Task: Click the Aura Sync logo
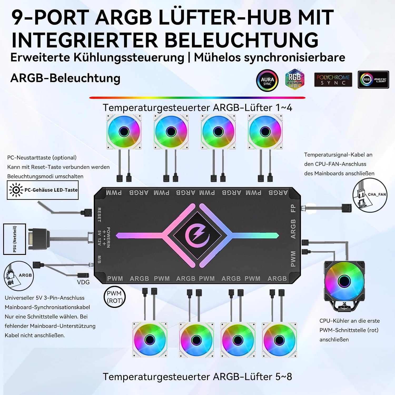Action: pyautogui.click(x=267, y=81)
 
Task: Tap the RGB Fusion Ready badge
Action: pyautogui.click(x=295, y=79)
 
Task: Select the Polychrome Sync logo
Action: pyautogui.click(x=333, y=80)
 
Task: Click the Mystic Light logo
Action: pyautogui.click(x=373, y=80)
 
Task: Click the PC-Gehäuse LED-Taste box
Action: pyautogui.click(x=43, y=190)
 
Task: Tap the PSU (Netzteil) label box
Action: pyautogui.click(x=14, y=239)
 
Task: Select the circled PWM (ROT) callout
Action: pyautogui.click(x=115, y=297)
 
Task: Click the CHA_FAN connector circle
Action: pyautogui.click(x=370, y=195)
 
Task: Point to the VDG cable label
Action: pyautogui.click(x=83, y=282)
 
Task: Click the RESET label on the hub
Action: pyautogui.click(x=99, y=215)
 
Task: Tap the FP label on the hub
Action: pyautogui.click(x=293, y=208)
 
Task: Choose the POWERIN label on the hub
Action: pyautogui.click(x=108, y=237)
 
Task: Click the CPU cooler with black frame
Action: pyautogui.click(x=344, y=286)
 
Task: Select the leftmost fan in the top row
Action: pyautogui.click(x=124, y=132)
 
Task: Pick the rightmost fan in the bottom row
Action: pyautogui.click(x=279, y=340)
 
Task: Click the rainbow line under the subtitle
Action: pyautogui.click(x=197, y=98)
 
